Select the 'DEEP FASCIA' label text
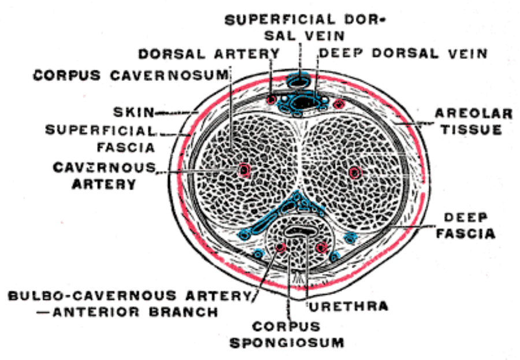click(469, 225)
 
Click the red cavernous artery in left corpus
click(244, 170)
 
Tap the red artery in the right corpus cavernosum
click(355, 172)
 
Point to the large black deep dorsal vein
click(303, 103)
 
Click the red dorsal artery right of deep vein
click(339, 104)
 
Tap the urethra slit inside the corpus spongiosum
click(300, 233)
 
